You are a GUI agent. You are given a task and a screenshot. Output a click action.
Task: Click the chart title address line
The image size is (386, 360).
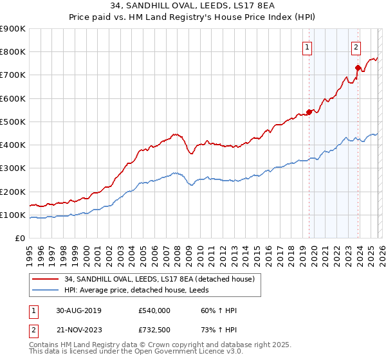(x=193, y=6)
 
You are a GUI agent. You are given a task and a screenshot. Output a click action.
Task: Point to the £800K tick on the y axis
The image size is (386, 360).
(x=13, y=51)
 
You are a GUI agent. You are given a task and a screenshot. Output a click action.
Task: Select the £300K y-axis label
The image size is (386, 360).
(x=13, y=168)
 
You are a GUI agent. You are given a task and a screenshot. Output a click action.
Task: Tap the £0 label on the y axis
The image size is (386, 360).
(x=19, y=238)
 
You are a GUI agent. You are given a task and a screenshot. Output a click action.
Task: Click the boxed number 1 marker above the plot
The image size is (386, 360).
(x=308, y=47)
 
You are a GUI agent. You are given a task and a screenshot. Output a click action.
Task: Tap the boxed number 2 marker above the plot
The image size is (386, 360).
(x=356, y=47)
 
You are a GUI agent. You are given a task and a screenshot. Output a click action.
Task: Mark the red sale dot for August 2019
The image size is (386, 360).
(x=309, y=112)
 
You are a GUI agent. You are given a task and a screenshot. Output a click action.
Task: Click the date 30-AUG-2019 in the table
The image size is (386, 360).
(x=78, y=310)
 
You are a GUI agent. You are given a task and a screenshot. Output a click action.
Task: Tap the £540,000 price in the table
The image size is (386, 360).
(x=154, y=310)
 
